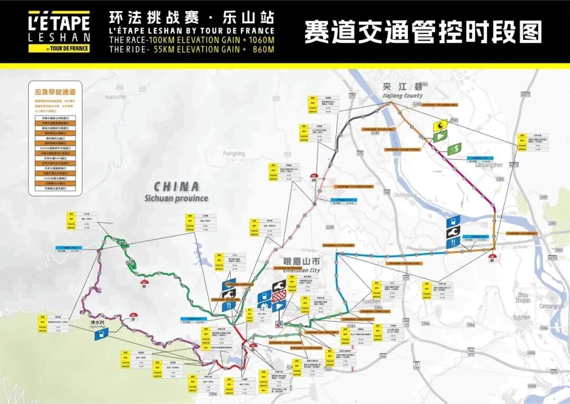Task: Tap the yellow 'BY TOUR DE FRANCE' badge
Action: pos(74,48)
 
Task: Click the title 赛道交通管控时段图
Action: pos(423,32)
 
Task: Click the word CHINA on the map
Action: pos(176,186)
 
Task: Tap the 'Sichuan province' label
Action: pos(176,199)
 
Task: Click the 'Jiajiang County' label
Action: pos(402,96)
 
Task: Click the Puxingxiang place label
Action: pos(234,153)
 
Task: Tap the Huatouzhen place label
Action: pos(116,97)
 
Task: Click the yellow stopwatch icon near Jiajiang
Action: pos(439,126)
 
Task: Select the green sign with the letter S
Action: pos(453,149)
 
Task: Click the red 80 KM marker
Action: pos(492,259)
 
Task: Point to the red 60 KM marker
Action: pos(315,178)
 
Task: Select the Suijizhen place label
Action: pos(521,317)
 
